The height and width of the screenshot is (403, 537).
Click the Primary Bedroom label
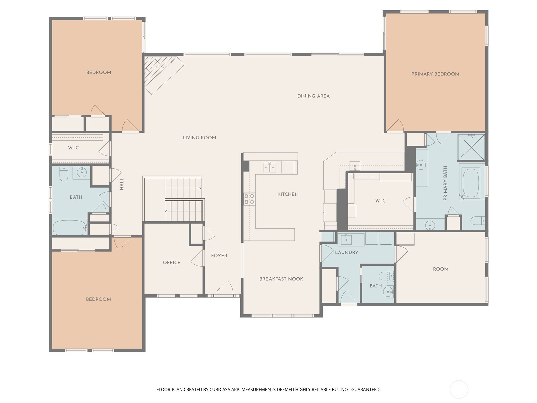pos(435,74)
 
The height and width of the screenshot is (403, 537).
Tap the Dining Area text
pos(313,96)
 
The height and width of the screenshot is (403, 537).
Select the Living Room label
pos(199,138)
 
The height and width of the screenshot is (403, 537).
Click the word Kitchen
pos(288,194)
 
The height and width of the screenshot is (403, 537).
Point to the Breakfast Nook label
pos(281,279)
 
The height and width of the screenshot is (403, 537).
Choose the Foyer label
pos(219,256)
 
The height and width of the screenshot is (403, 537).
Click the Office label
pos(172,262)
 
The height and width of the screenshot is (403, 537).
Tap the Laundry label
pos(346,252)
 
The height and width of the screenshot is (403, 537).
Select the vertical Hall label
pos(121,184)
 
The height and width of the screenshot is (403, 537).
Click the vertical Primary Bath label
pos(445,183)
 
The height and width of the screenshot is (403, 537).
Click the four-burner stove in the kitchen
pos(249,199)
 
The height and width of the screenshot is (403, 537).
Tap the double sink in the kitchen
pos(270,167)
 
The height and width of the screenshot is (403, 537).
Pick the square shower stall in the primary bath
pos(471,147)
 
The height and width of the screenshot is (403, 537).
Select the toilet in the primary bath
pos(478,220)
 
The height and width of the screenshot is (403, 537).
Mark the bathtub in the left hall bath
pos(70,228)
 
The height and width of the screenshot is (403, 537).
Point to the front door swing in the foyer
pos(224,288)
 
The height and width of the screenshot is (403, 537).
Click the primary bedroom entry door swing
pos(395,126)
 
